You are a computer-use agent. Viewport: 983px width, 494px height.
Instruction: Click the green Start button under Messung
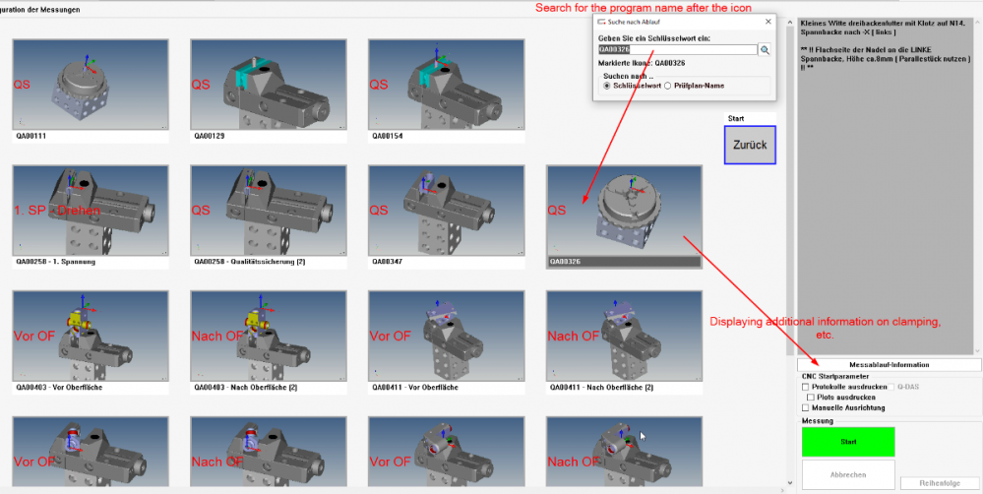click(x=847, y=442)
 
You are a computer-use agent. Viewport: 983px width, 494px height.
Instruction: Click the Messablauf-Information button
click(x=889, y=365)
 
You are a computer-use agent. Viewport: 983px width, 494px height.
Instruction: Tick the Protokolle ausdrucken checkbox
click(x=806, y=387)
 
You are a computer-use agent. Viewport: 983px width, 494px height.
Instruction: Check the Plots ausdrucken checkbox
click(x=810, y=397)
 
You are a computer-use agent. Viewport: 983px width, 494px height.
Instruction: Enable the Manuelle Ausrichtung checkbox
click(x=806, y=407)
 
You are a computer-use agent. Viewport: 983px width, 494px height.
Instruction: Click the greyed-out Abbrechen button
click(x=847, y=474)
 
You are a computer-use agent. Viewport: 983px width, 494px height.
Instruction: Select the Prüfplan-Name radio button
click(x=668, y=86)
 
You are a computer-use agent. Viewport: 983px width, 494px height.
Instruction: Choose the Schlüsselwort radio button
click(x=606, y=86)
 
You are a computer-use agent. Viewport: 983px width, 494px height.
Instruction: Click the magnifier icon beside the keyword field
click(x=765, y=49)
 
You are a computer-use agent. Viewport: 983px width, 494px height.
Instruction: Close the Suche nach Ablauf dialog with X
click(x=768, y=20)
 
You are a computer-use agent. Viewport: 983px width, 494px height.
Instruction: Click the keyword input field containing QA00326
click(x=677, y=48)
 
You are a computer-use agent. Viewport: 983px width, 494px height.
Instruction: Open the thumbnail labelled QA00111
click(x=90, y=84)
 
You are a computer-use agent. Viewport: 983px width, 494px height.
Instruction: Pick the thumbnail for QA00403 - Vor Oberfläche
click(x=90, y=335)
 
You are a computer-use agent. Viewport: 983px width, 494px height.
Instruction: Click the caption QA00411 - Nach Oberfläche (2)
click(x=599, y=388)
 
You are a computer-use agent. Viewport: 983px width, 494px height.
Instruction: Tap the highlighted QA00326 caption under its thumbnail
click(x=624, y=263)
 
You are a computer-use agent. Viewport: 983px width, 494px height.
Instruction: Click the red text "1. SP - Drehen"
click(x=57, y=211)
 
